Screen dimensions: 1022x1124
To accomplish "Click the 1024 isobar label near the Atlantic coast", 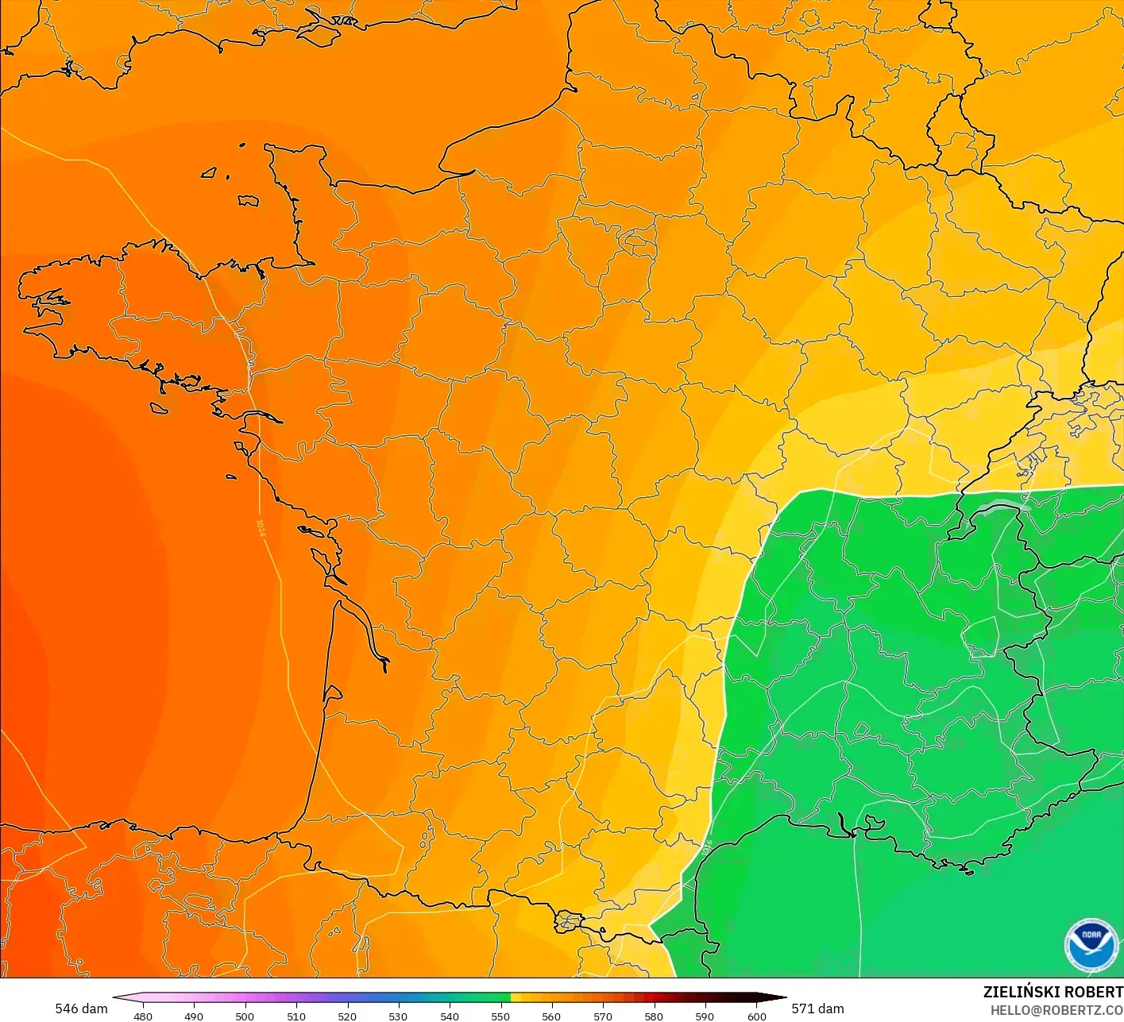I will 261,528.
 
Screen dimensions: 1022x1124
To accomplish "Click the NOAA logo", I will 1090,945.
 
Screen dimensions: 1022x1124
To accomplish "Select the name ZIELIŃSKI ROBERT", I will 1053,992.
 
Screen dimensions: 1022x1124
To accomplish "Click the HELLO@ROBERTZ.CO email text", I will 1056,1010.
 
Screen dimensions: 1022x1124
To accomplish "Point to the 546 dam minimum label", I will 81,1009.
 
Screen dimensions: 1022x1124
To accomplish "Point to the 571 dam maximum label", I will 817,1009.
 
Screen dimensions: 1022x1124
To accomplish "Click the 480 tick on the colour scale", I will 143,1016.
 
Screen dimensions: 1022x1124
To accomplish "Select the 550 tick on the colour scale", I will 500,1016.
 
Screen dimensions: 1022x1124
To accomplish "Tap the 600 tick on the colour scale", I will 756,1016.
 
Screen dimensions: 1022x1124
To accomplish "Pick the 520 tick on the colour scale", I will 347,1016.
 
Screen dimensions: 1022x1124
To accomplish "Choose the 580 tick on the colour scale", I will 654,1016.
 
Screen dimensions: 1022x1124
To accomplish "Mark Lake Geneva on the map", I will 1002,508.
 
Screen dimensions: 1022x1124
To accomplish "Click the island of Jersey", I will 248,201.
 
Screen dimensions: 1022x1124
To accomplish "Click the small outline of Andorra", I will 569,922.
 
